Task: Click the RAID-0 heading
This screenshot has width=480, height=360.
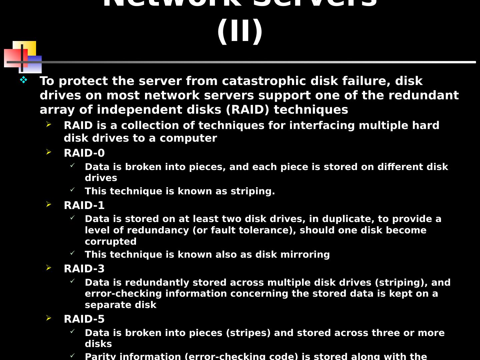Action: point(84,153)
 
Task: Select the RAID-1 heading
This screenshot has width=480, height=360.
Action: point(84,205)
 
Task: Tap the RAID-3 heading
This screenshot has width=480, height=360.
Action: point(84,269)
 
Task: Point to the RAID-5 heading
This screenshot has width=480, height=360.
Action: point(84,319)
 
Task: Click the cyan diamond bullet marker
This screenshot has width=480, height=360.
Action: point(23,80)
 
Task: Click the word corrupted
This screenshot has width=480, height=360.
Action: point(111,241)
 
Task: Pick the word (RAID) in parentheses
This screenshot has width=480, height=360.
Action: point(247,110)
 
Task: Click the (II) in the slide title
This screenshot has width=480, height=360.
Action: point(240,31)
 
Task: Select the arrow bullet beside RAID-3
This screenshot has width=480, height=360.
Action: point(49,268)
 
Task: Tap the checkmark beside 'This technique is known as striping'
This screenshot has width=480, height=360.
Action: point(72,190)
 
